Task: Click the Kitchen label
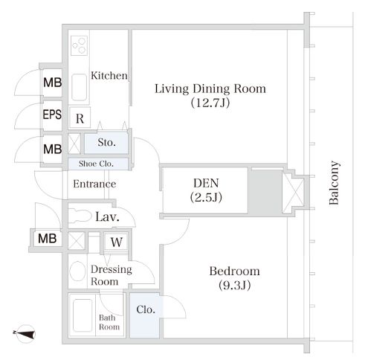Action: click(109, 75)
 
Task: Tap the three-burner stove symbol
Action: click(79, 45)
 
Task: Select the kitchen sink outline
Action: click(79, 87)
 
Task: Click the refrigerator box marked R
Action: click(80, 118)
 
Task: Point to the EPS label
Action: click(52, 115)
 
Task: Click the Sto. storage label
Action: click(106, 142)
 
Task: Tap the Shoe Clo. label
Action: click(96, 164)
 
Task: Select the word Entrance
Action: click(94, 184)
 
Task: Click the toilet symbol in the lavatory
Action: click(80, 215)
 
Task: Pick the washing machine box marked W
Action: click(116, 242)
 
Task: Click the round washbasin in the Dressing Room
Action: click(77, 271)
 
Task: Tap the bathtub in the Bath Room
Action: click(83, 315)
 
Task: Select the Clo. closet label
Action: click(146, 309)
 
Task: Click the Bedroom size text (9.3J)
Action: click(234, 286)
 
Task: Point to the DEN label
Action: click(206, 183)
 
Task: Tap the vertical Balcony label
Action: click(334, 183)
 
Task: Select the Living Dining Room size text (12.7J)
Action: click(210, 103)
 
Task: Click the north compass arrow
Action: click(25, 334)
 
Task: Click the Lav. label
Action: click(107, 217)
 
